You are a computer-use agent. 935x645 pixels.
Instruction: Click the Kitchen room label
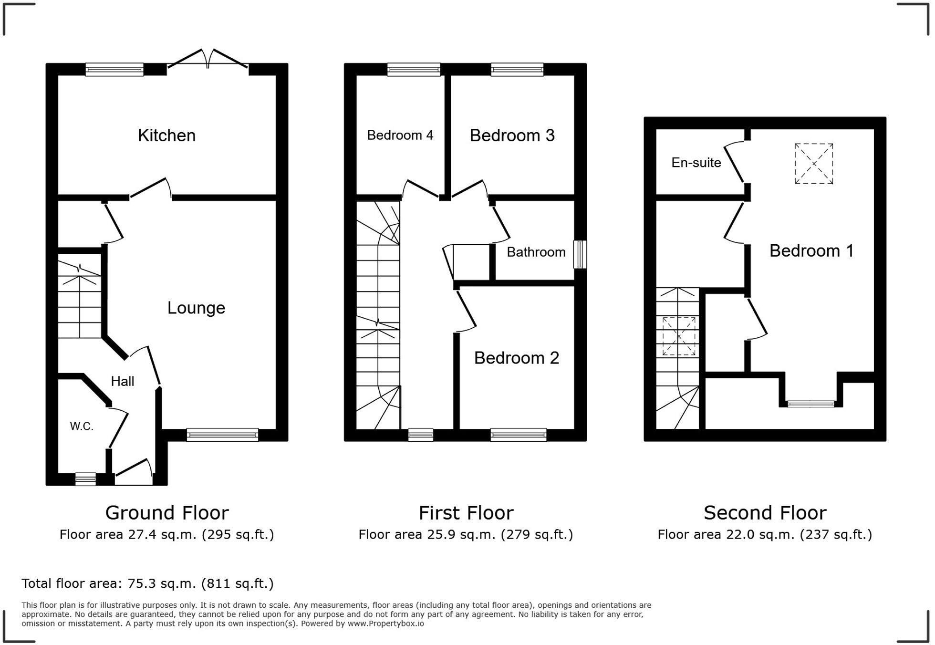tap(166, 135)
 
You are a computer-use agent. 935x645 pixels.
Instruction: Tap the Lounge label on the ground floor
tap(196, 308)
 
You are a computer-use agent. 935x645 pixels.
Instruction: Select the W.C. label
tap(82, 427)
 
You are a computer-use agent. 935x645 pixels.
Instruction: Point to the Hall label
tap(123, 381)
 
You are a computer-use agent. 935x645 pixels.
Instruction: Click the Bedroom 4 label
tap(400, 135)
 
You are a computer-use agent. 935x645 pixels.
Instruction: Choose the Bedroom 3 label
tap(512, 135)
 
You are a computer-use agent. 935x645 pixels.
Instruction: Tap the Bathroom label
tap(536, 252)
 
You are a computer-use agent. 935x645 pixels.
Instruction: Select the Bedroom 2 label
tap(517, 358)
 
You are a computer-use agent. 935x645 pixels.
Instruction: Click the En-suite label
tap(696, 163)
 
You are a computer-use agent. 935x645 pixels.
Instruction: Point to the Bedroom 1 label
tap(811, 251)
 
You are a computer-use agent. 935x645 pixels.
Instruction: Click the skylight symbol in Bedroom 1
tap(814, 164)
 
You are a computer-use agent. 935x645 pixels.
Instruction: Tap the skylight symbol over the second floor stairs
tap(679, 336)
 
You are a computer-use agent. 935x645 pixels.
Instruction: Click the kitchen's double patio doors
tap(208, 60)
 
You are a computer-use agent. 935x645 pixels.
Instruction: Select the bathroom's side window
tap(580, 255)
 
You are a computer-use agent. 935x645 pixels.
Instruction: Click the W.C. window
tap(86, 479)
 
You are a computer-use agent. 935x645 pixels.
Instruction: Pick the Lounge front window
tap(222, 435)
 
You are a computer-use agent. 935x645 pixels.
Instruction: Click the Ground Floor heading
tap(167, 513)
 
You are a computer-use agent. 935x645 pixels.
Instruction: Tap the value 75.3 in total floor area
tap(141, 583)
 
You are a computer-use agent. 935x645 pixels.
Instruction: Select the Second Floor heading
tap(765, 513)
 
